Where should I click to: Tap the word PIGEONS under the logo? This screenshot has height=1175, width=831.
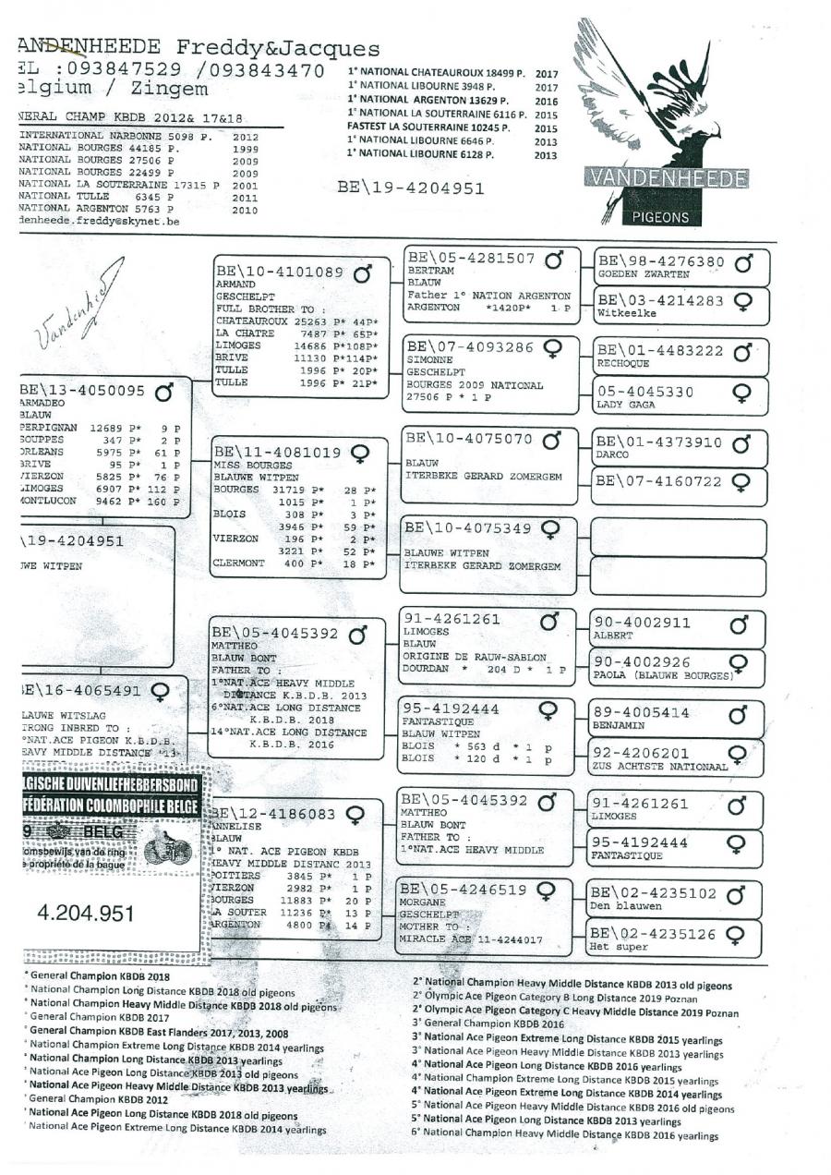[x=662, y=218]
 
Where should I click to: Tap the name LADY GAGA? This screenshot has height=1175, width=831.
[x=625, y=404]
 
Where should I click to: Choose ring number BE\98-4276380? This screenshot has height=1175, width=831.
[x=660, y=261]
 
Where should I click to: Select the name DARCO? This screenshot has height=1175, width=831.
[x=614, y=454]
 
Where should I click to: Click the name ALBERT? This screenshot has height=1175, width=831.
[x=612, y=636]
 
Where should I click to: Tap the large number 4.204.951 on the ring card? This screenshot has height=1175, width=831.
[x=86, y=914]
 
